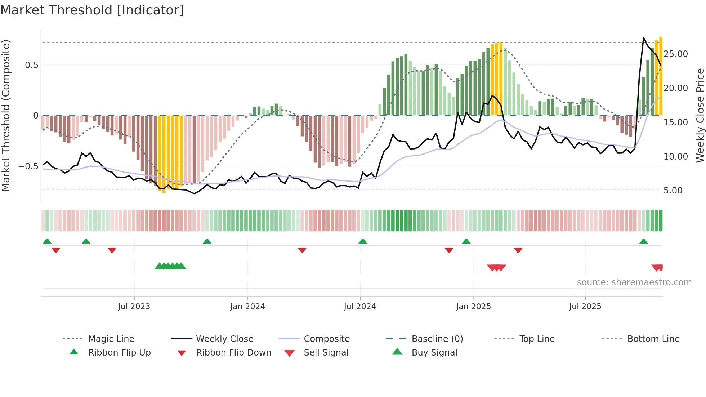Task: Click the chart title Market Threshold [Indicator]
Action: (x=92, y=10)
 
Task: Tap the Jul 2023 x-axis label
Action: (x=134, y=307)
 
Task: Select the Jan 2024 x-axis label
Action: (x=247, y=307)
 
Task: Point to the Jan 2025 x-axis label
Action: (x=473, y=307)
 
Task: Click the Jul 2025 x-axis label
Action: (x=585, y=307)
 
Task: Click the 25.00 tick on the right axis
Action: (x=675, y=54)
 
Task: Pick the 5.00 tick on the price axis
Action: (x=673, y=191)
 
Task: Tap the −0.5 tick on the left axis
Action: (x=28, y=166)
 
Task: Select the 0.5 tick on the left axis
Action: (x=31, y=65)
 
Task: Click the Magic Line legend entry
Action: (x=111, y=339)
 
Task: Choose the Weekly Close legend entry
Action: (x=224, y=339)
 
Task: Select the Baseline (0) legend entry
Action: (x=437, y=339)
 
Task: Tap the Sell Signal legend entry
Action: (x=326, y=353)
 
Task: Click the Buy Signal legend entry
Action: (x=434, y=353)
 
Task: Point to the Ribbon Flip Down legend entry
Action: (x=233, y=353)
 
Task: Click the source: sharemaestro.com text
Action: (x=634, y=282)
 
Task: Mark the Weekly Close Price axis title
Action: (x=700, y=115)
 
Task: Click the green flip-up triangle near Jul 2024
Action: (x=363, y=241)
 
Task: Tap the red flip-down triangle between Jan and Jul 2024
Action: (x=302, y=250)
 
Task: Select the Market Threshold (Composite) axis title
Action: (x=6, y=115)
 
